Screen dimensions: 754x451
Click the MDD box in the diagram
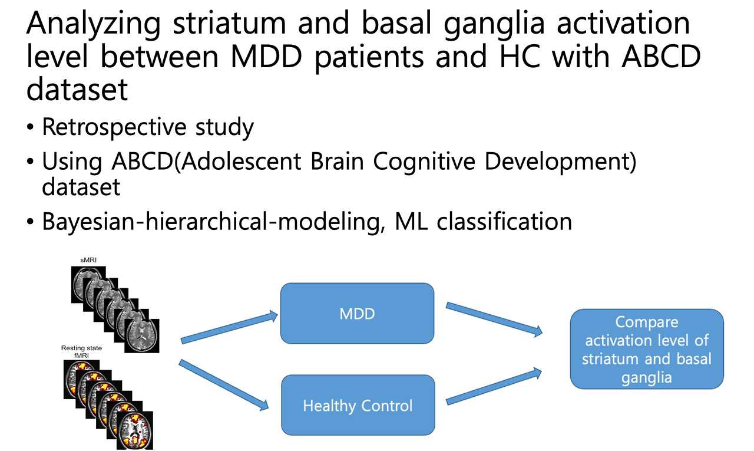point(357,313)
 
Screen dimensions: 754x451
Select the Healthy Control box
point(358,405)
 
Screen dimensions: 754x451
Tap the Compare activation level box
point(647,349)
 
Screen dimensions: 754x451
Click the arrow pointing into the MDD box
point(229,327)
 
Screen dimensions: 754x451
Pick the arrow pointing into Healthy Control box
point(223,384)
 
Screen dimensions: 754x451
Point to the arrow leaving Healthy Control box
point(494,386)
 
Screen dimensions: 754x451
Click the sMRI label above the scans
point(88,260)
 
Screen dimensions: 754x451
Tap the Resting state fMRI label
point(81,351)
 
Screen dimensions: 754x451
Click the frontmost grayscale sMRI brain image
point(142,336)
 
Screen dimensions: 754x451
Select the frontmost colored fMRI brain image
point(135,430)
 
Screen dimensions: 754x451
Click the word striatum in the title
point(229,24)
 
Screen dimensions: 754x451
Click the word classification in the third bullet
point(504,222)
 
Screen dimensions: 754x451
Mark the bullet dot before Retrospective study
point(30,127)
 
